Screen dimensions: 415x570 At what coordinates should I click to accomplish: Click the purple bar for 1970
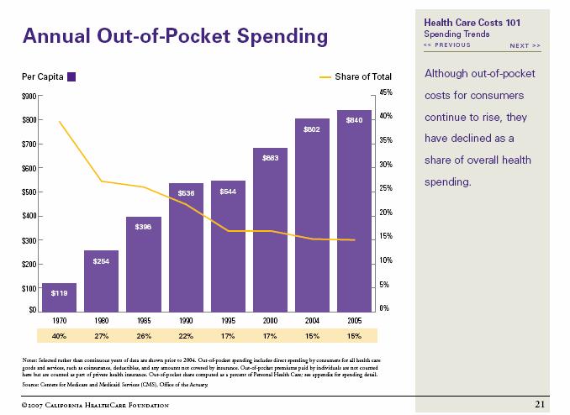[x=59, y=297]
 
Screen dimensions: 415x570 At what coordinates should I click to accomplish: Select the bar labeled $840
[x=354, y=210]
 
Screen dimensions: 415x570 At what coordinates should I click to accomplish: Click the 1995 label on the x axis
[x=228, y=321]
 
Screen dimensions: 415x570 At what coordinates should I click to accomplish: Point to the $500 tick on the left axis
[x=29, y=192]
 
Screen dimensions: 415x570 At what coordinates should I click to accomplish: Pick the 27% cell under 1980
[x=102, y=336]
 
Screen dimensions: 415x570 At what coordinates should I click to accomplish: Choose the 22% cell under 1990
[x=186, y=336]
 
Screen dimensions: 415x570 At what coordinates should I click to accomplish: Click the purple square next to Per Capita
[x=71, y=77]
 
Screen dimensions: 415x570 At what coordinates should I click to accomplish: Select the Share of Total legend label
[x=363, y=77]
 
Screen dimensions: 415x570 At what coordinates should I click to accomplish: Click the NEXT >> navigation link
[x=525, y=45]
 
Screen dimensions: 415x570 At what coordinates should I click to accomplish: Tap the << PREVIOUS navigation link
[x=447, y=45]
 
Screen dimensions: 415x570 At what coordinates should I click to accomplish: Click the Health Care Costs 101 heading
[x=476, y=23]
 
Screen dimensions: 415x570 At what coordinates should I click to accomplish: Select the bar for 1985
[x=144, y=264]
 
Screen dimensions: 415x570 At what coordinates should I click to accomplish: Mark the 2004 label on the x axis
[x=312, y=321]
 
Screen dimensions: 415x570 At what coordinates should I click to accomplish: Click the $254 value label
[x=102, y=261]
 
